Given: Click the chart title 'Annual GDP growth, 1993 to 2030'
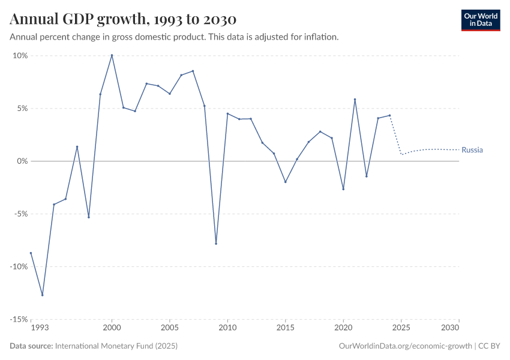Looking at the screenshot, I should (x=123, y=19).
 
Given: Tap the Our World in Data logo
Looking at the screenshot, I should (x=480, y=20).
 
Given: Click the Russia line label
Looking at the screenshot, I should (x=472, y=150).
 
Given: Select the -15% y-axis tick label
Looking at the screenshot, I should (x=19, y=319).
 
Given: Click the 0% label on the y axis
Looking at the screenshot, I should (x=22, y=161).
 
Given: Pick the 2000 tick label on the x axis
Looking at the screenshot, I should (x=112, y=328).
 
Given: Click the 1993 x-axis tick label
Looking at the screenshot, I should (x=40, y=328).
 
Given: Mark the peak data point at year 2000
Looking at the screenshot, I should (x=112, y=55).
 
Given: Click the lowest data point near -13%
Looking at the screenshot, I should (x=42, y=295).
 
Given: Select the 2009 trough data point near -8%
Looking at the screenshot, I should (x=216, y=244).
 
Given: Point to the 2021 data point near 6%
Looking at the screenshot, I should (x=355, y=100).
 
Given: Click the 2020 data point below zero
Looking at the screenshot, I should (x=343, y=189).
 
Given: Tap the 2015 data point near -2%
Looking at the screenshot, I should (x=286, y=182).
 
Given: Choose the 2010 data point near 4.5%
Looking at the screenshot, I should (x=227, y=113).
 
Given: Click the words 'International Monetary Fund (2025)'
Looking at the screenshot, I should (x=116, y=346).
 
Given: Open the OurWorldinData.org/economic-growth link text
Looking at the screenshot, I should (x=405, y=346).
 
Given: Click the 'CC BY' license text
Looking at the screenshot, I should (x=489, y=346).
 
